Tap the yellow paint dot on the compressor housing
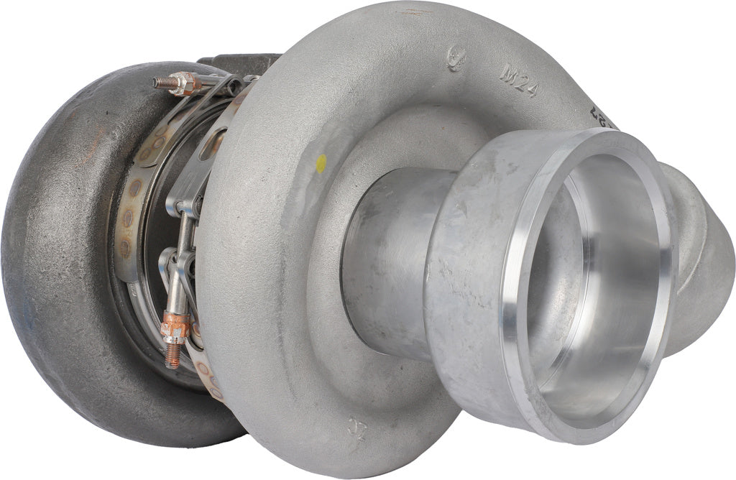[x=321, y=162]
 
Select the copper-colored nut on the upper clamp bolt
[x=185, y=84]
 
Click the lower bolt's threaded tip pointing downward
[x=172, y=357]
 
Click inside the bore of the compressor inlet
[x=597, y=287]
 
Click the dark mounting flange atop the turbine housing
[x=237, y=63]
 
